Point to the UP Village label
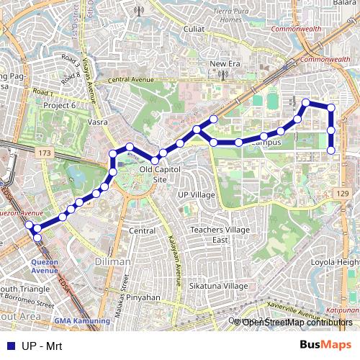click(196, 195)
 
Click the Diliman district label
click(112, 262)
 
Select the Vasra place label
click(97, 122)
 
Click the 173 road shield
click(45, 153)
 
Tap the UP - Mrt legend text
click(42, 346)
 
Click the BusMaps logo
click(326, 345)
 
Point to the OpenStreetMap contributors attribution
click(297, 322)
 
